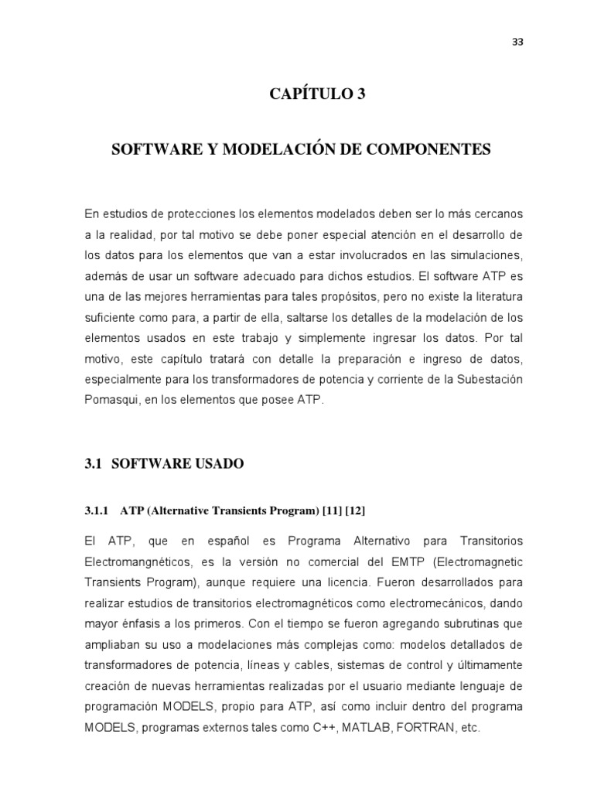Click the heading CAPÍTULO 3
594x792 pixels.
pyautogui.click(x=316, y=94)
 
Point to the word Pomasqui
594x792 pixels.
pyautogui.click(x=111, y=400)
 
